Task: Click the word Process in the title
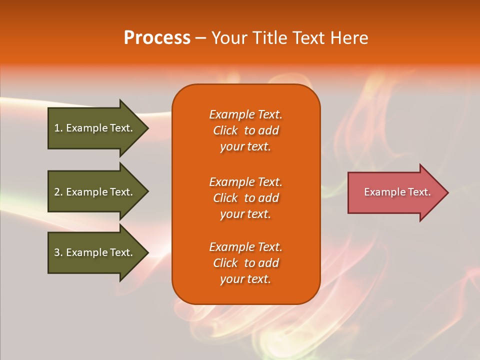click(x=157, y=37)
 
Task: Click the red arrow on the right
click(x=395, y=192)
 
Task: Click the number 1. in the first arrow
click(x=58, y=128)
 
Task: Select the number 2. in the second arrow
click(x=58, y=192)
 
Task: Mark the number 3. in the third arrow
click(x=58, y=252)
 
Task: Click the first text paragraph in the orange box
click(x=245, y=130)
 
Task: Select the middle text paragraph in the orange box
click(x=245, y=197)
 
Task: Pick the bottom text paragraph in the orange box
click(x=245, y=263)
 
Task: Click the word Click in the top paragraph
click(x=225, y=130)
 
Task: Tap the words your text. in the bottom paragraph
click(x=245, y=279)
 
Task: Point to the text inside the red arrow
click(x=397, y=192)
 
